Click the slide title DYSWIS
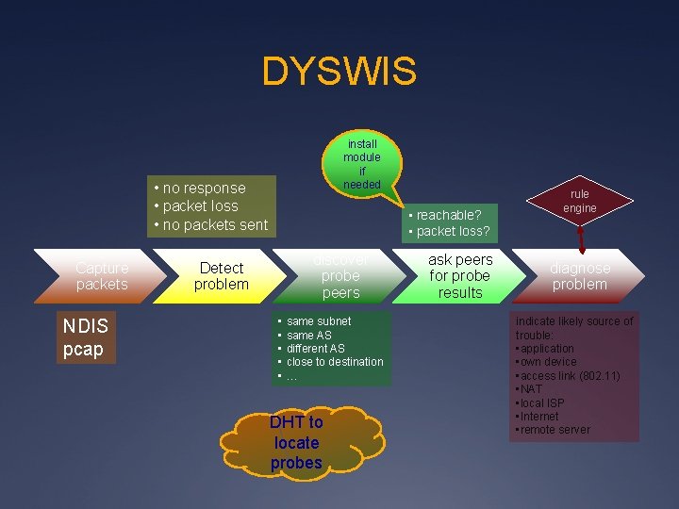pyautogui.click(x=339, y=72)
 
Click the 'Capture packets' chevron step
pyautogui.click(x=99, y=276)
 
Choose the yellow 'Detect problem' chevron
pyautogui.click(x=222, y=276)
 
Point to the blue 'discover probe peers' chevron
pyautogui.click(x=339, y=276)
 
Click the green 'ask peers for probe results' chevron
pyautogui.click(x=459, y=276)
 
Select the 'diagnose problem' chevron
pyautogui.click(x=580, y=276)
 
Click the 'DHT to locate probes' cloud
pyautogui.click(x=296, y=443)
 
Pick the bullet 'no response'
pyautogui.click(x=204, y=189)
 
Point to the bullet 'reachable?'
pyautogui.click(x=449, y=215)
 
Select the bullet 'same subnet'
pyautogui.click(x=318, y=321)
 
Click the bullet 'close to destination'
pyautogui.click(x=335, y=362)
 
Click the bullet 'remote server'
pyautogui.click(x=555, y=430)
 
